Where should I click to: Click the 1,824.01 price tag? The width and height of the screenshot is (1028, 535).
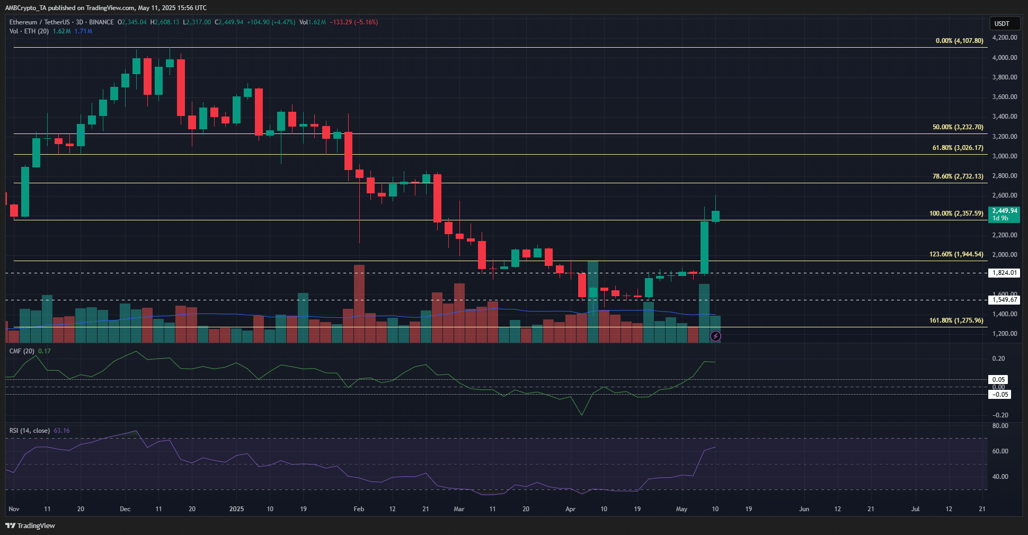1005,273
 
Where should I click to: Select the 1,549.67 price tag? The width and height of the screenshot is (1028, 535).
1005,300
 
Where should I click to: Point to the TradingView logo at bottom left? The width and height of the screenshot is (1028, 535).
30,525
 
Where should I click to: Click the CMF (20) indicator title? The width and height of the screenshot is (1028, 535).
22,351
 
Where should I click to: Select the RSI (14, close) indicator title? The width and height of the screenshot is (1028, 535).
30,431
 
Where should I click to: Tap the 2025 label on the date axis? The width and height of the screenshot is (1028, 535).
236,509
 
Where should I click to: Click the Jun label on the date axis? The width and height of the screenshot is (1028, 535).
804,509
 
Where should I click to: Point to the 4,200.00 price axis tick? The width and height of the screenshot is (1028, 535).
1004,38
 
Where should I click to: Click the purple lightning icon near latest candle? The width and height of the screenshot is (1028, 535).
715,336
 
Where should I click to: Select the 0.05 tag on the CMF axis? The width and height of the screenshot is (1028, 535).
999,380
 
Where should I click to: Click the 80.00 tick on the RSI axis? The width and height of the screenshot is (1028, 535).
1000,426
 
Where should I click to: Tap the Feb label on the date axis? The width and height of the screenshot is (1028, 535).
359,509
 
